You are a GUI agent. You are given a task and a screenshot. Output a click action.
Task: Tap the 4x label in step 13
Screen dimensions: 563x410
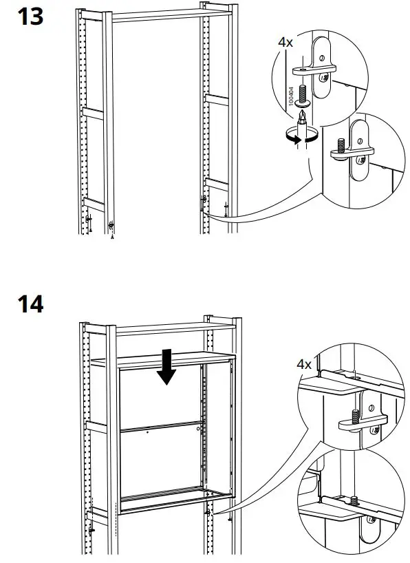point(285,43)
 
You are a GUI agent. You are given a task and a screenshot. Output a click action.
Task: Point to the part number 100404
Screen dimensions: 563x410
point(290,96)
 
